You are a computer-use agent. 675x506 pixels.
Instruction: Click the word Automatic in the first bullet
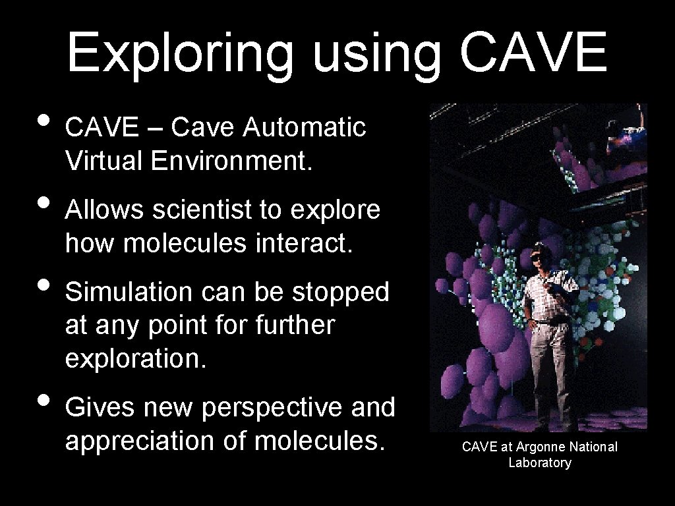point(305,127)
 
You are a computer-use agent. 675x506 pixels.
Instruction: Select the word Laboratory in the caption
point(540,463)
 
